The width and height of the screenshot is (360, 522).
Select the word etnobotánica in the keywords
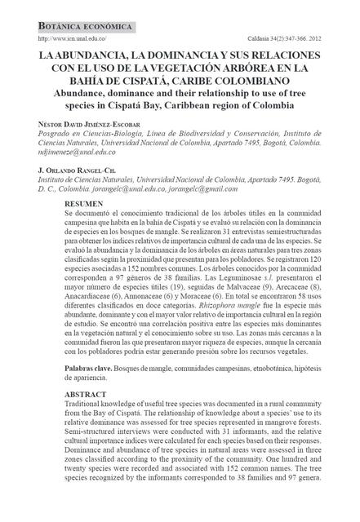(268, 347)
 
